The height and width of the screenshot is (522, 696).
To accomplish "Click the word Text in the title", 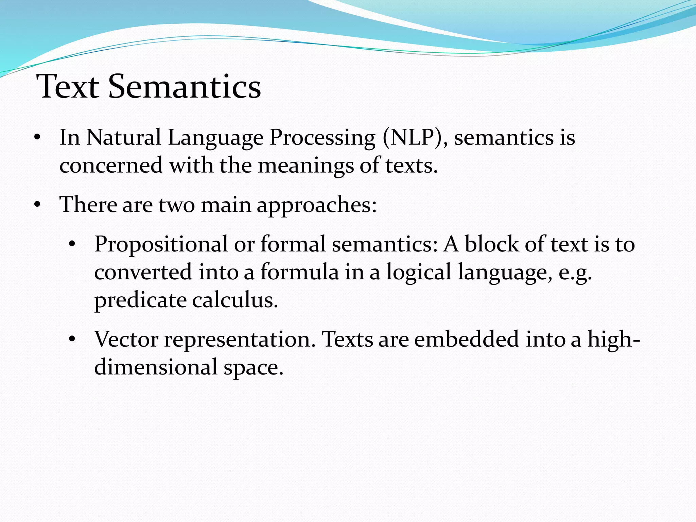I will pyautogui.click(x=68, y=87).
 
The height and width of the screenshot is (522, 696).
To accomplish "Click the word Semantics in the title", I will pyautogui.click(x=185, y=87).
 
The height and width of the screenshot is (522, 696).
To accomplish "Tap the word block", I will pyautogui.click(x=491, y=244).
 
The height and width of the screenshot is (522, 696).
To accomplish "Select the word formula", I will pyautogui.click(x=299, y=272).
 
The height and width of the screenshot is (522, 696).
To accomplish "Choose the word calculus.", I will pyautogui.click(x=235, y=300).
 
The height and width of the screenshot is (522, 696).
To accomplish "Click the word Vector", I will pyautogui.click(x=126, y=339).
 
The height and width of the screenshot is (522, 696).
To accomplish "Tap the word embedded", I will pyautogui.click(x=466, y=339).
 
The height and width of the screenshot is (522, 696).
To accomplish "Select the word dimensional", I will pyautogui.click(x=156, y=367).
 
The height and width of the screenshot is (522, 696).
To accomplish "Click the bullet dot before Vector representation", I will pyautogui.click(x=72, y=339).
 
